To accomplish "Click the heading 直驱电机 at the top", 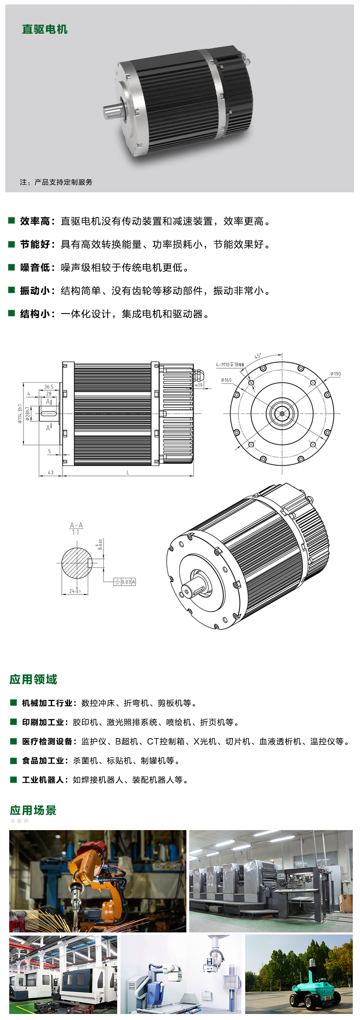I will click(x=44, y=29).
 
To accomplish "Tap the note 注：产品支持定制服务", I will click(x=56, y=182).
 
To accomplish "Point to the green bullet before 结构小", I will click(x=12, y=313).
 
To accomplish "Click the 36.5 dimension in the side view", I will click(x=49, y=387).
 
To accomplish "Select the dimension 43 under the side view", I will click(x=50, y=472).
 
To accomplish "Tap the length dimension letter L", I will click(x=128, y=472).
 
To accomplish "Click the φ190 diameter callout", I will click(x=336, y=374).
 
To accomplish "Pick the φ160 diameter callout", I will click(x=226, y=380).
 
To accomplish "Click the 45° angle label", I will click(x=258, y=356).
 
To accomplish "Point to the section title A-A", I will click(x=76, y=525).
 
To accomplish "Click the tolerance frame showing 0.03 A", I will click(x=125, y=582).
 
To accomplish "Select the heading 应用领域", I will click(x=33, y=679).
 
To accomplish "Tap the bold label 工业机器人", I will click(x=44, y=780).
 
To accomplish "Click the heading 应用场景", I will click(x=33, y=810).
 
